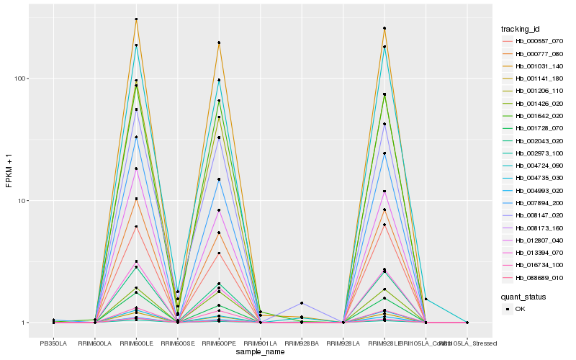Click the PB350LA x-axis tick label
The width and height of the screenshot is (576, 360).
pyautogui.click(x=53, y=343)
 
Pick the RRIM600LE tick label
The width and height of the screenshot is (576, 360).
pyautogui.click(x=136, y=343)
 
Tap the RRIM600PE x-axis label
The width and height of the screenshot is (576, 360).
pyautogui.click(x=219, y=343)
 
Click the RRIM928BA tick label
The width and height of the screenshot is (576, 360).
pyautogui.click(x=302, y=343)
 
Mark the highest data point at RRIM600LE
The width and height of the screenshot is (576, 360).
pyautogui.click(x=136, y=19)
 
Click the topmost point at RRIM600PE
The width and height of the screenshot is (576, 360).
pyautogui.click(x=219, y=42)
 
